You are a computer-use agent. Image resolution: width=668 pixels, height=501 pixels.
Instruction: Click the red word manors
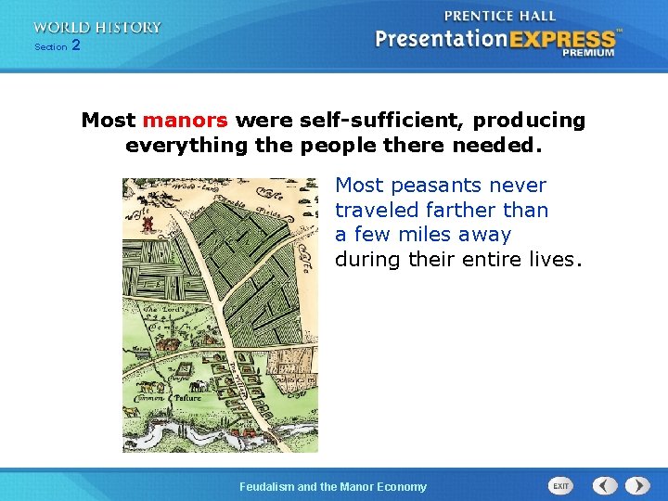(x=185, y=121)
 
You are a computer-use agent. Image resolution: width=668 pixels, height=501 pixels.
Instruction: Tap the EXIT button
(x=561, y=486)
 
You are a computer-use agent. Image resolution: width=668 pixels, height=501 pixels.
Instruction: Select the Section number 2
(x=76, y=45)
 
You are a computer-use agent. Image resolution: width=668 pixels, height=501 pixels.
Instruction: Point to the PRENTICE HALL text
(x=500, y=17)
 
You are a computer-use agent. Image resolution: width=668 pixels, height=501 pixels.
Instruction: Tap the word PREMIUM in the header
(x=588, y=54)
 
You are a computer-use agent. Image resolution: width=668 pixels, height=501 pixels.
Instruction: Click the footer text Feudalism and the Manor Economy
(x=333, y=486)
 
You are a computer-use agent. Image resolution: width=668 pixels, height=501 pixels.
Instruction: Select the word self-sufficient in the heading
(x=383, y=121)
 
